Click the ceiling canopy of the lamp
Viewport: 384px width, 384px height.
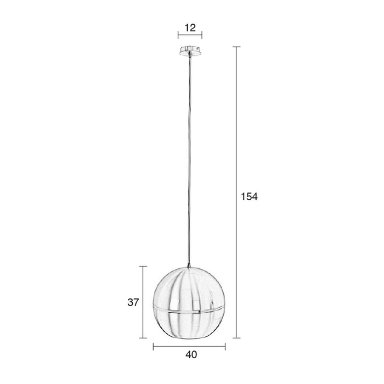point(190,51)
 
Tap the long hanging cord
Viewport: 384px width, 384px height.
point(189,165)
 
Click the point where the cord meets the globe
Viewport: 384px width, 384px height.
point(189,268)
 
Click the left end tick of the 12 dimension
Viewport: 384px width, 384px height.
point(178,37)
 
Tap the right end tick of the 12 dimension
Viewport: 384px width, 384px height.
point(202,37)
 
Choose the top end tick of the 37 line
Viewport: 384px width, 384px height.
point(144,267)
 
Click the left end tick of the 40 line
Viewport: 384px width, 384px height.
point(153,346)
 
